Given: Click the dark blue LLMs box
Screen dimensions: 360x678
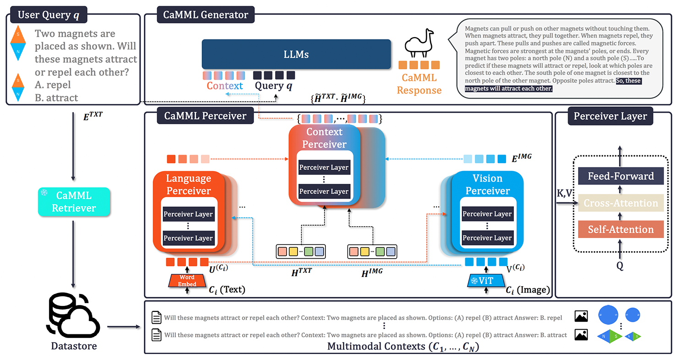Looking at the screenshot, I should click(x=296, y=54).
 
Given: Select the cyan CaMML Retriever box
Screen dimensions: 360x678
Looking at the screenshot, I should click(x=73, y=202).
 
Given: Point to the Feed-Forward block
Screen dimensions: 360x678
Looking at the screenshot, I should click(x=621, y=177).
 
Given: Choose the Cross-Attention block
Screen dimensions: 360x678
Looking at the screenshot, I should click(x=621, y=203).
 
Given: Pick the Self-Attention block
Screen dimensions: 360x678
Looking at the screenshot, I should click(x=621, y=229).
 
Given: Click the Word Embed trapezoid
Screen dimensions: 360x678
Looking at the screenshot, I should click(x=187, y=281).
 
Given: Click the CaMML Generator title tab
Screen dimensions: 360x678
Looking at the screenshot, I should click(x=206, y=14).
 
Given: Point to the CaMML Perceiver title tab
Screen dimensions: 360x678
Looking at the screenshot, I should click(x=205, y=116).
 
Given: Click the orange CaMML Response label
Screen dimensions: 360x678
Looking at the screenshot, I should click(x=419, y=84).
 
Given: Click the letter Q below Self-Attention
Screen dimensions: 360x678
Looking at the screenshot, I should click(x=620, y=266).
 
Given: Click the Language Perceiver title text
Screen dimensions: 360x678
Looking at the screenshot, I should click(x=188, y=184).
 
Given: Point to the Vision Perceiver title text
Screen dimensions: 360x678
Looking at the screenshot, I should click(x=487, y=184).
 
